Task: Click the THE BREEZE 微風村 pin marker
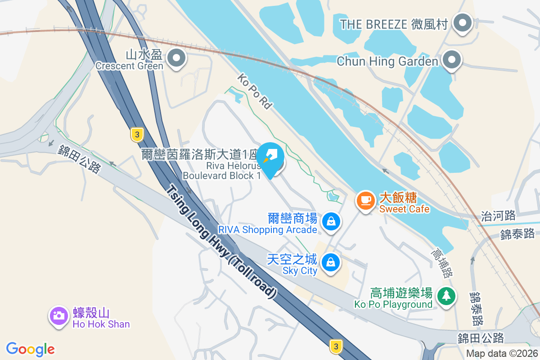pos(462,23)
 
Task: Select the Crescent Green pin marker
pos(176,58)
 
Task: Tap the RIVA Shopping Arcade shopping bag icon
pos(331,221)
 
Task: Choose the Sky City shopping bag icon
pos(331,261)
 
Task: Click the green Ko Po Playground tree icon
pos(445,296)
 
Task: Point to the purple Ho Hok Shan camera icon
pos(58,315)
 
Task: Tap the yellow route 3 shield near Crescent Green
pos(137,134)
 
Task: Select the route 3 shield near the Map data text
pos(335,346)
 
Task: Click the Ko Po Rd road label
pos(255,92)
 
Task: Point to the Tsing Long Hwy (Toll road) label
pos(220,241)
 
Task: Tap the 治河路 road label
pos(498,216)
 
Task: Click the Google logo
pos(31,349)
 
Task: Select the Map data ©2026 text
pos(501,353)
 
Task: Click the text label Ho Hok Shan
pos(101,324)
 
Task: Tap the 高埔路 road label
pos(443,263)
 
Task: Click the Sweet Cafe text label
pos(404,209)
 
